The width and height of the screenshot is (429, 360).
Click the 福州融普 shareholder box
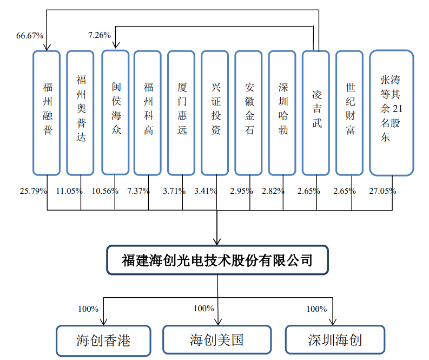click(47, 113)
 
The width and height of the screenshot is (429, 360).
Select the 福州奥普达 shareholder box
click(81, 113)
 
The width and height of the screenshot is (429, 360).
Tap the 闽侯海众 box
click(115, 113)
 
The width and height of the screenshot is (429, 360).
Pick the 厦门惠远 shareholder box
click(182, 113)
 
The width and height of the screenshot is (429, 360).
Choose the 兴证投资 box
click(215, 113)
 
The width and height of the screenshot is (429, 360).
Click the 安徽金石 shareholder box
click(249, 113)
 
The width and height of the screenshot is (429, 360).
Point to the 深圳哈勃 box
click(283, 113)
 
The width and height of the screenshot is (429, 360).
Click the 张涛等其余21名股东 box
click(391, 113)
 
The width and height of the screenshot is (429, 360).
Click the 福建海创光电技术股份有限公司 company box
click(217, 261)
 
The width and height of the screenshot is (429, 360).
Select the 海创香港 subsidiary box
click(103, 340)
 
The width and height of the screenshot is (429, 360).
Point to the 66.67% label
click(30, 36)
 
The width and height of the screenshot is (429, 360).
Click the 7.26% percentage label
click(100, 35)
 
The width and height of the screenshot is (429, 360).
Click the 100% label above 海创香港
click(88, 309)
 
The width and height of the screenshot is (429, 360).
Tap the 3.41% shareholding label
click(206, 191)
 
